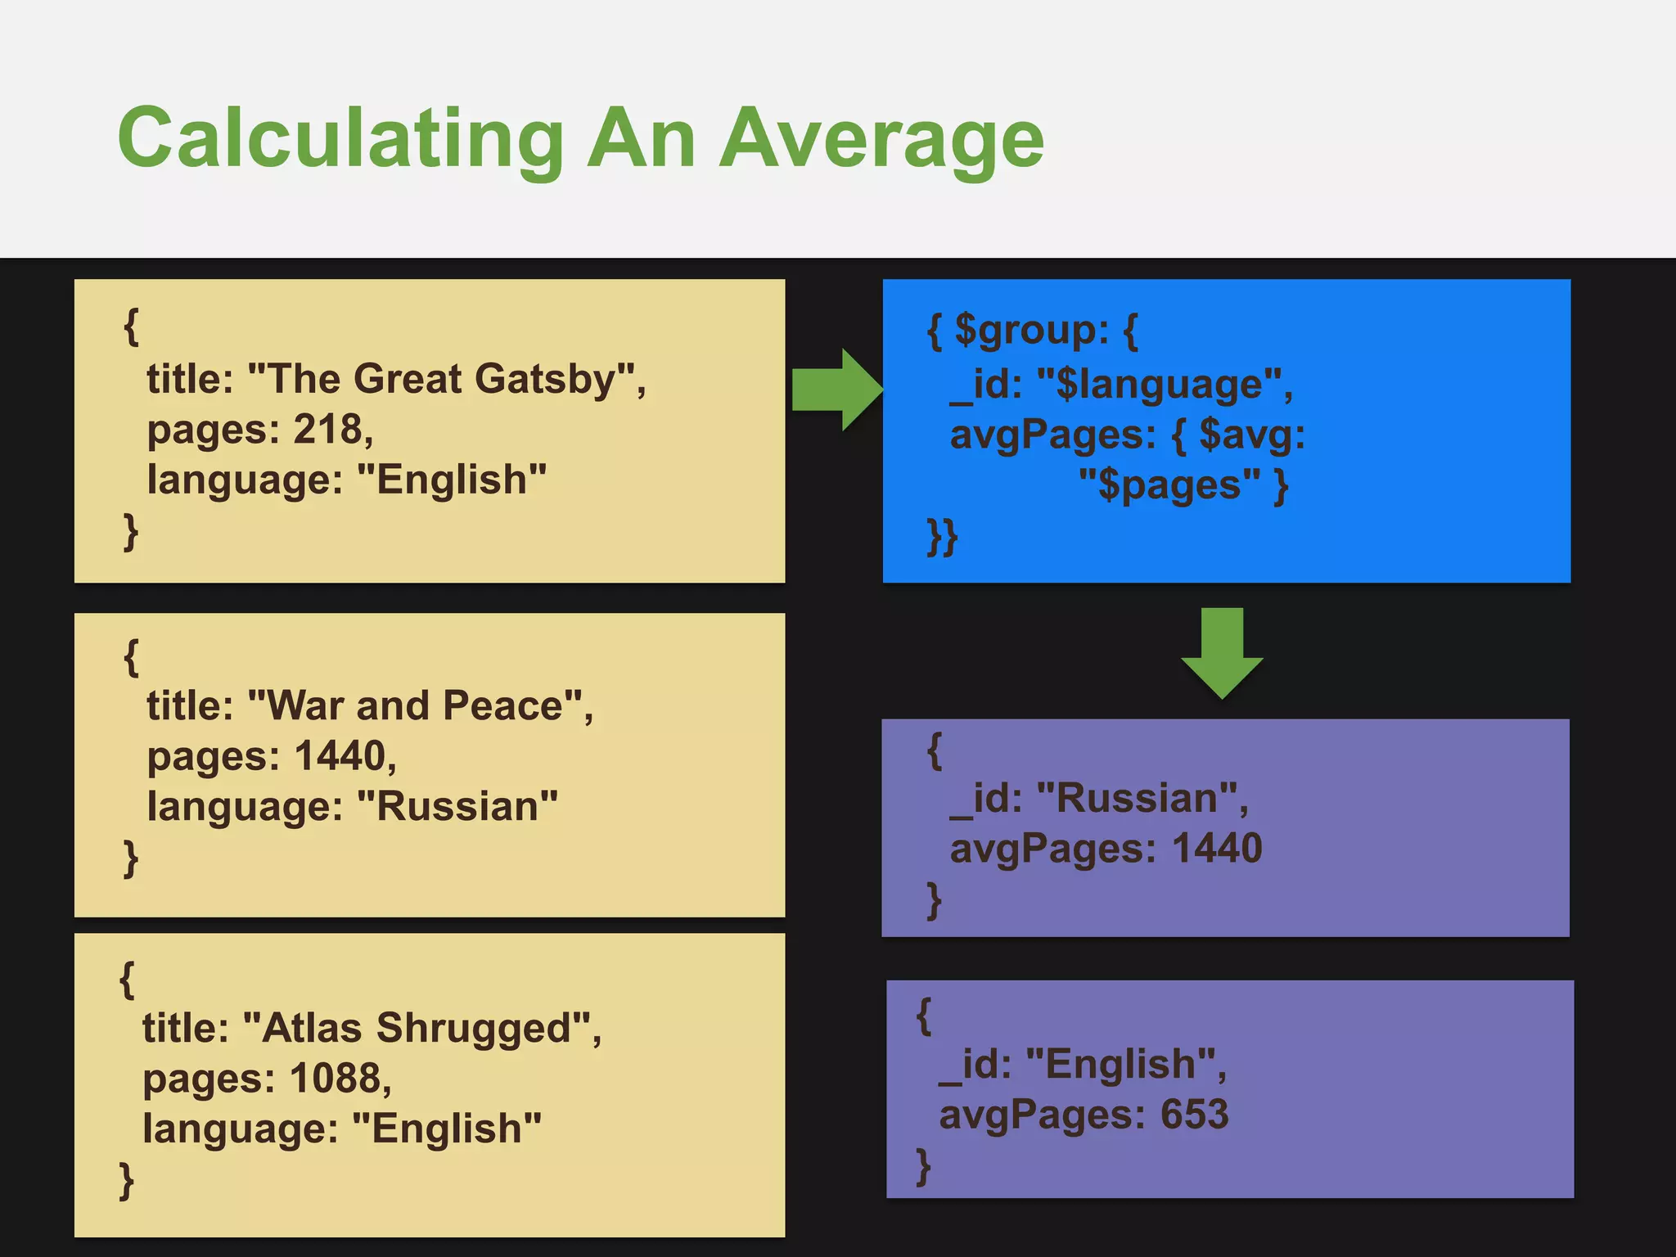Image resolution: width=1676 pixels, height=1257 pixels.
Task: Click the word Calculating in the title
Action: (x=340, y=139)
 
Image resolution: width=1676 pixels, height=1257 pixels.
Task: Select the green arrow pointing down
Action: (x=1222, y=652)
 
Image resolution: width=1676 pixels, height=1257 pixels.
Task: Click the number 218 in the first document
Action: (x=327, y=429)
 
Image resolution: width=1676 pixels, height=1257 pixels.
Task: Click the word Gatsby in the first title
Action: (x=544, y=379)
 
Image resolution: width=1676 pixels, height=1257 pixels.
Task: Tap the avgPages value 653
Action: (x=1194, y=1115)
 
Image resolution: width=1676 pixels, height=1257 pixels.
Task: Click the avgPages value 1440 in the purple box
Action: (x=1217, y=848)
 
